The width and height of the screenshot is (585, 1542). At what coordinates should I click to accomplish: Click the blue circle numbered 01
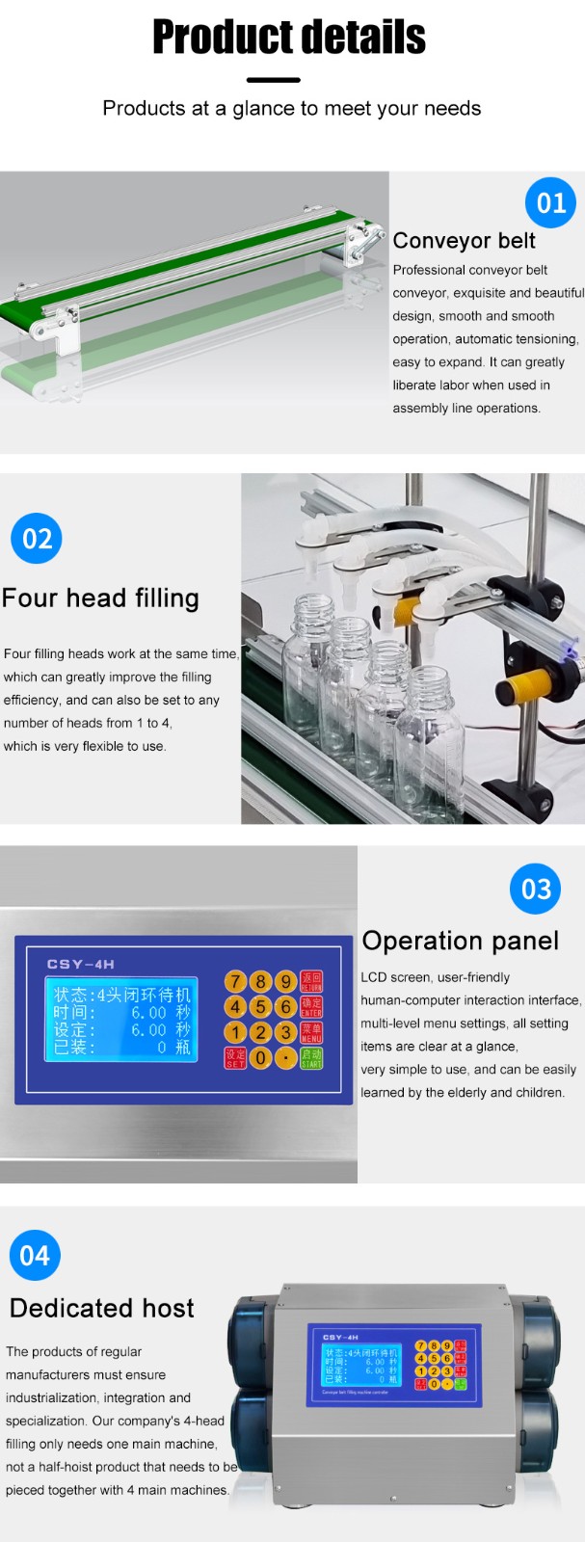[550, 202]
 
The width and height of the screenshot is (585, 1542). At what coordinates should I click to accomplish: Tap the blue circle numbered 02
[37, 538]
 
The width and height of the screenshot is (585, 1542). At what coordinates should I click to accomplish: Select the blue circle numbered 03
[535, 889]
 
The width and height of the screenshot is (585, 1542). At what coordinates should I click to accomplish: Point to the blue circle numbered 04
[35, 1255]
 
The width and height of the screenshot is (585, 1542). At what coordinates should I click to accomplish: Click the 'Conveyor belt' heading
[464, 241]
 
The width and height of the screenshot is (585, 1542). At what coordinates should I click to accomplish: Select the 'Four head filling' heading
[100, 598]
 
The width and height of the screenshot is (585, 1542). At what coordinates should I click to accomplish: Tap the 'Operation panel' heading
[460, 941]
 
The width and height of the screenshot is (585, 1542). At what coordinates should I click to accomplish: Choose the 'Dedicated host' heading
[102, 1308]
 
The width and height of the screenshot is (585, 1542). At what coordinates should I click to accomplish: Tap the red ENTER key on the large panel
[311, 1007]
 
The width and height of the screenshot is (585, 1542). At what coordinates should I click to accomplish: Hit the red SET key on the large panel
[235, 1058]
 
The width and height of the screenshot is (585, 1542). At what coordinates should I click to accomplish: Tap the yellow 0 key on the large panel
[260, 1058]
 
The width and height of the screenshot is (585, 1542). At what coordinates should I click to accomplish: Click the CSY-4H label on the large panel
[81, 964]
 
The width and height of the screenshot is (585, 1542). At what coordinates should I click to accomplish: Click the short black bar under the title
[274, 80]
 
